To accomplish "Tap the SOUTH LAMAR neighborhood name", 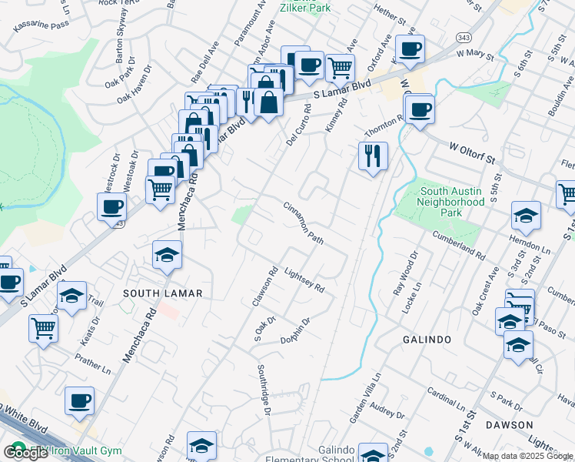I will coord(162,293).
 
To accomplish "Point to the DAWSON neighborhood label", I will coord(509,425).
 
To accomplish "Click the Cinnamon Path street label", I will coord(303,223).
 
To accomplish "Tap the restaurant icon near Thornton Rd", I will coord(373,156).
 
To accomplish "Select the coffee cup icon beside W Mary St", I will coord(409,49).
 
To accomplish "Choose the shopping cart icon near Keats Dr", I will coord(44,328).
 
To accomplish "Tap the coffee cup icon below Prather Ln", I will coord(79,400).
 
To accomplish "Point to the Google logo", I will coord(26,453).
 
